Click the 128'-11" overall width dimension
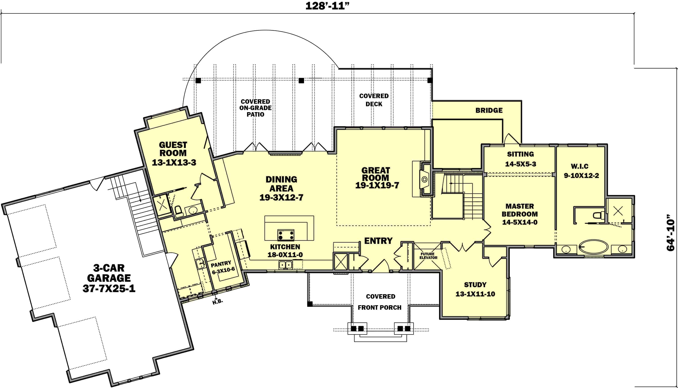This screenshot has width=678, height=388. point(327,6)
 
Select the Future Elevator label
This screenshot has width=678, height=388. point(428,256)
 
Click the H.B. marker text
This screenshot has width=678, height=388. point(217,302)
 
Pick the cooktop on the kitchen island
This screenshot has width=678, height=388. point(286,235)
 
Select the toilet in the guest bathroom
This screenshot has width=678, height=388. point(178,210)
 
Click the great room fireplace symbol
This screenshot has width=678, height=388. point(425,180)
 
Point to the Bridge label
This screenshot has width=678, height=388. point(489,110)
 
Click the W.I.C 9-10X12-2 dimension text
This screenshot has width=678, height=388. point(581,176)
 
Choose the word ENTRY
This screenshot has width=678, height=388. point(378,241)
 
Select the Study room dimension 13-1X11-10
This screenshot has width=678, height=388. point(475,294)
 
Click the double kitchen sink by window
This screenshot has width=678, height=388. point(285,265)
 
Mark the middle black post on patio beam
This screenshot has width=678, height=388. point(301,81)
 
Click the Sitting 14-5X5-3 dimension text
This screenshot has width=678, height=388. point(520,164)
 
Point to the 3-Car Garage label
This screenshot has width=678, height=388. point(109,278)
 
